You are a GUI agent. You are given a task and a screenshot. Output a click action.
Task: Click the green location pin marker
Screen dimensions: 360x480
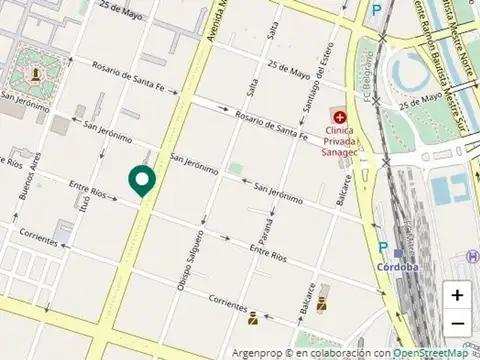[x=142, y=180]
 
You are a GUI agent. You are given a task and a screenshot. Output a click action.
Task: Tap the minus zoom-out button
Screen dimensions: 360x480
[x=457, y=323]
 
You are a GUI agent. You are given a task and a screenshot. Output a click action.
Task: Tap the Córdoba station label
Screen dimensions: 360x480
[x=398, y=267]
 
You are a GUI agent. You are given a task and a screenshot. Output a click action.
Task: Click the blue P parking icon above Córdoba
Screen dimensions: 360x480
[x=383, y=246]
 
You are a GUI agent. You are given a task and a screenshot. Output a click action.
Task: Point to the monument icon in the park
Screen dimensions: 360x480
[x=38, y=73]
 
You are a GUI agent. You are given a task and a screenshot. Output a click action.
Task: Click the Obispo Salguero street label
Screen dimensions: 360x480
[x=190, y=261]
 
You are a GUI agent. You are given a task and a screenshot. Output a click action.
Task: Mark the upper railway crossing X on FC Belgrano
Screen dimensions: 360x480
[x=383, y=42]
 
